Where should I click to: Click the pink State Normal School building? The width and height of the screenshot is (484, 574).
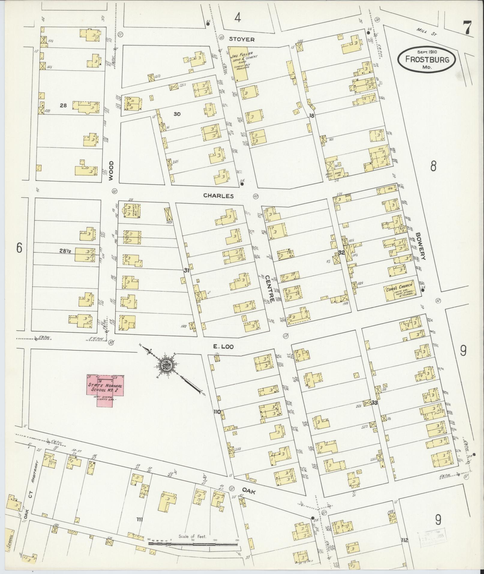(105, 389)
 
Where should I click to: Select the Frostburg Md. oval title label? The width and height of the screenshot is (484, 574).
(427, 59)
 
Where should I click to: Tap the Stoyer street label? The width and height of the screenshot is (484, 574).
(242, 39)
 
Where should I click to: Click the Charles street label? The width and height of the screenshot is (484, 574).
(218, 196)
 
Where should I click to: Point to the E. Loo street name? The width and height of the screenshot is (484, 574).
(223, 347)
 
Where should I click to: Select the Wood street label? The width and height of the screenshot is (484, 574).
(111, 170)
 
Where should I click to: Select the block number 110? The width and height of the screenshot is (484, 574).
(217, 412)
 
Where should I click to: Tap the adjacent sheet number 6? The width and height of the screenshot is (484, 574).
(19, 248)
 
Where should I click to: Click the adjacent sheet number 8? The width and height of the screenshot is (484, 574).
(433, 166)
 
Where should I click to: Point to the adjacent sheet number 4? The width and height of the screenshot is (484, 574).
(237, 18)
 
